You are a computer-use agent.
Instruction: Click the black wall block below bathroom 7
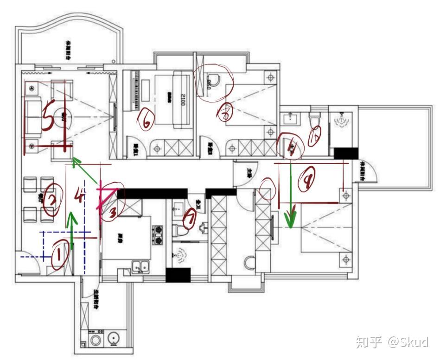178,275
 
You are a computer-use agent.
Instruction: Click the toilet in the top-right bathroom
315,119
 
